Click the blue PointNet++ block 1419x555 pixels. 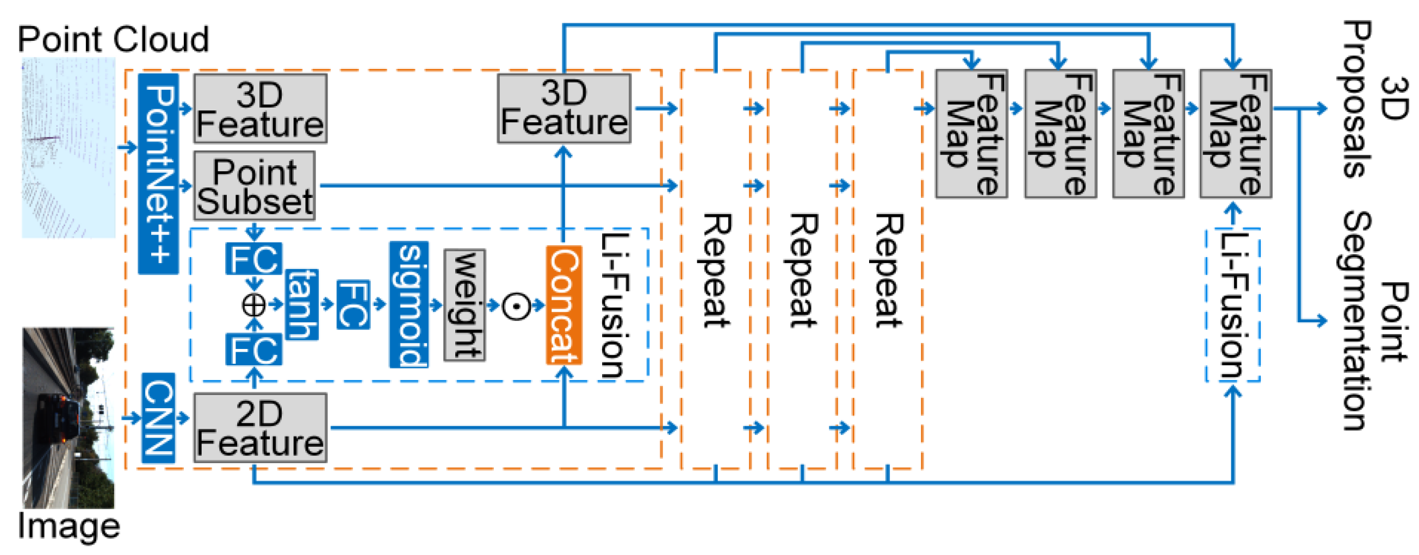pyautogui.click(x=158, y=174)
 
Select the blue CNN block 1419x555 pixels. pyautogui.click(x=158, y=418)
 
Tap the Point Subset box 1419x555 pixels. pyautogui.click(x=255, y=186)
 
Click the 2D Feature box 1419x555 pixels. pyautogui.click(x=260, y=428)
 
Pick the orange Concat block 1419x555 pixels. pyautogui.click(x=564, y=305)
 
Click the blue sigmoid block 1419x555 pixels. pyautogui.click(x=409, y=304)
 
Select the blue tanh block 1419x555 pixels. pyautogui.click(x=301, y=304)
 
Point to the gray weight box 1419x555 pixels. pyautogui.click(x=464, y=305)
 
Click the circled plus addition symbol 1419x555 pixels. pyautogui.click(x=254, y=304)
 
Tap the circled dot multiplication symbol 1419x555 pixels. pyautogui.click(x=517, y=305)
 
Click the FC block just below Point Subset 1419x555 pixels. pyautogui.click(x=254, y=259)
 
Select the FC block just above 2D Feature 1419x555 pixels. pyautogui.click(x=254, y=350)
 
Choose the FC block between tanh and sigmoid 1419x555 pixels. pyautogui.click(x=353, y=304)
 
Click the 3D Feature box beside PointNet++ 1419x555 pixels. pyautogui.click(x=260, y=109)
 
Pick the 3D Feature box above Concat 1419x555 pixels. pyautogui.click(x=564, y=109)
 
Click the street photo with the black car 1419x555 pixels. pyautogui.click(x=69, y=418)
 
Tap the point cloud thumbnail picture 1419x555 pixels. pyautogui.click(x=69, y=147)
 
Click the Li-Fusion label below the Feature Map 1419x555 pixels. pyautogui.click(x=1233, y=305)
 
